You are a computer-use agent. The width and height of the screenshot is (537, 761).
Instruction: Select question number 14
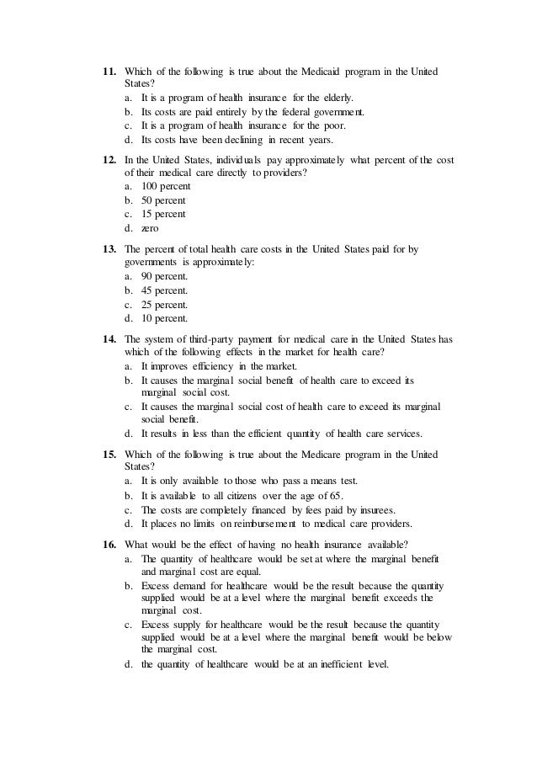tap(108, 340)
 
